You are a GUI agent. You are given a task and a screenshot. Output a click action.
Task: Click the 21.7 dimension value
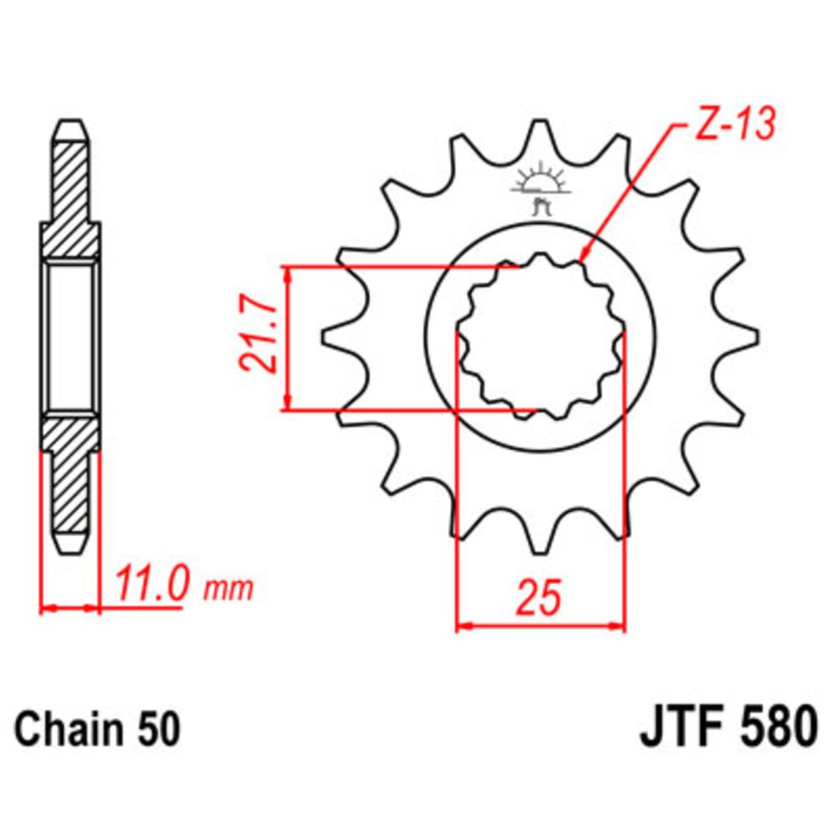(x=259, y=337)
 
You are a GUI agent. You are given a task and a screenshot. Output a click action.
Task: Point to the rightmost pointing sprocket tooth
(x=748, y=337)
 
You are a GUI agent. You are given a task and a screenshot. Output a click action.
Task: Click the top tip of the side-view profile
(x=70, y=126)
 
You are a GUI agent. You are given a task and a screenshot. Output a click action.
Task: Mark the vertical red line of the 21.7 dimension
(x=287, y=338)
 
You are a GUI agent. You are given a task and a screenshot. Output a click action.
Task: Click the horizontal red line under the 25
(x=541, y=625)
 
